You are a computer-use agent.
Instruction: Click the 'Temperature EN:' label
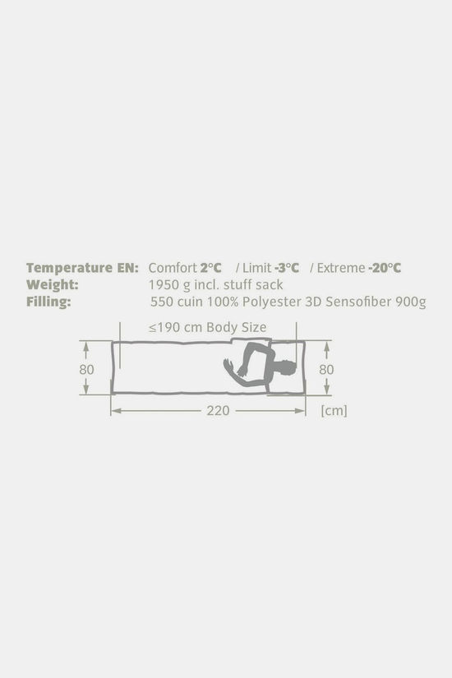click(x=82, y=268)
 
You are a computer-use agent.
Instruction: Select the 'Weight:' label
click(x=53, y=285)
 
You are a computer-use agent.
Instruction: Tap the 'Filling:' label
click(x=48, y=302)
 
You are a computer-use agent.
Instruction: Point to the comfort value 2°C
click(x=210, y=268)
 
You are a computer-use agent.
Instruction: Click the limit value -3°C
click(x=286, y=268)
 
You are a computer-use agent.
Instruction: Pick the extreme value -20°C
click(x=385, y=268)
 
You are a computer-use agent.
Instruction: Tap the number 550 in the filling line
click(x=161, y=302)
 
